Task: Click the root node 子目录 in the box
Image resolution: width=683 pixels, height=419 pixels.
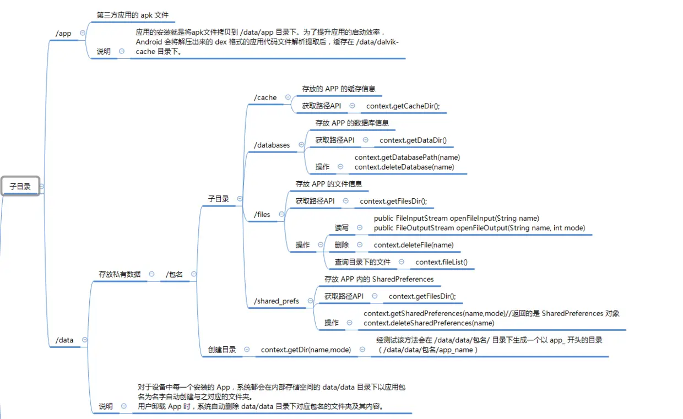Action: point(20,187)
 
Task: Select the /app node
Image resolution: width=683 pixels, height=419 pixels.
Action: point(63,34)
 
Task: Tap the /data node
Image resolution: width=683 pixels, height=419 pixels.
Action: point(64,340)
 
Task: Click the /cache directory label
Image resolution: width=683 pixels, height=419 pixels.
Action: point(265,97)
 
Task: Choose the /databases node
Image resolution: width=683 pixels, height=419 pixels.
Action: point(272,145)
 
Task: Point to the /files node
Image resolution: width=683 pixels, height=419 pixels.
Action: point(262,214)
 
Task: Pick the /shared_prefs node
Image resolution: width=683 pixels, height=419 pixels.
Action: point(277,301)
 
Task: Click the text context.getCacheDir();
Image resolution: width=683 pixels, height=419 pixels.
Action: point(403,106)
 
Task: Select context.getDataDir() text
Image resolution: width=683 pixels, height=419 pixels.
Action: point(413,140)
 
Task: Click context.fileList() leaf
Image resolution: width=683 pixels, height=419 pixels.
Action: point(441,262)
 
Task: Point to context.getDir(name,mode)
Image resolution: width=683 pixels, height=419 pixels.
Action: point(306,350)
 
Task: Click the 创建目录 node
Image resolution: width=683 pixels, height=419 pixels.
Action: point(222,350)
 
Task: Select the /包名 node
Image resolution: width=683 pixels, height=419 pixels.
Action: point(174,274)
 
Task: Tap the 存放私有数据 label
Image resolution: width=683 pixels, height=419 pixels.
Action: point(120,274)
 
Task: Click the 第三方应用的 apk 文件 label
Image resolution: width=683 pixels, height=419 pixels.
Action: point(133,15)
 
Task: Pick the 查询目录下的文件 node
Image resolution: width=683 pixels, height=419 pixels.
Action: point(362,262)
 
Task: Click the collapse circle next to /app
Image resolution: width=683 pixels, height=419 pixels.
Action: point(83,33)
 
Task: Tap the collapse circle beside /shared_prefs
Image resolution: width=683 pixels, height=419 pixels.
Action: point(310,301)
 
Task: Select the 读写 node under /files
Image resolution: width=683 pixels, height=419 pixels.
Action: point(341,228)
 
